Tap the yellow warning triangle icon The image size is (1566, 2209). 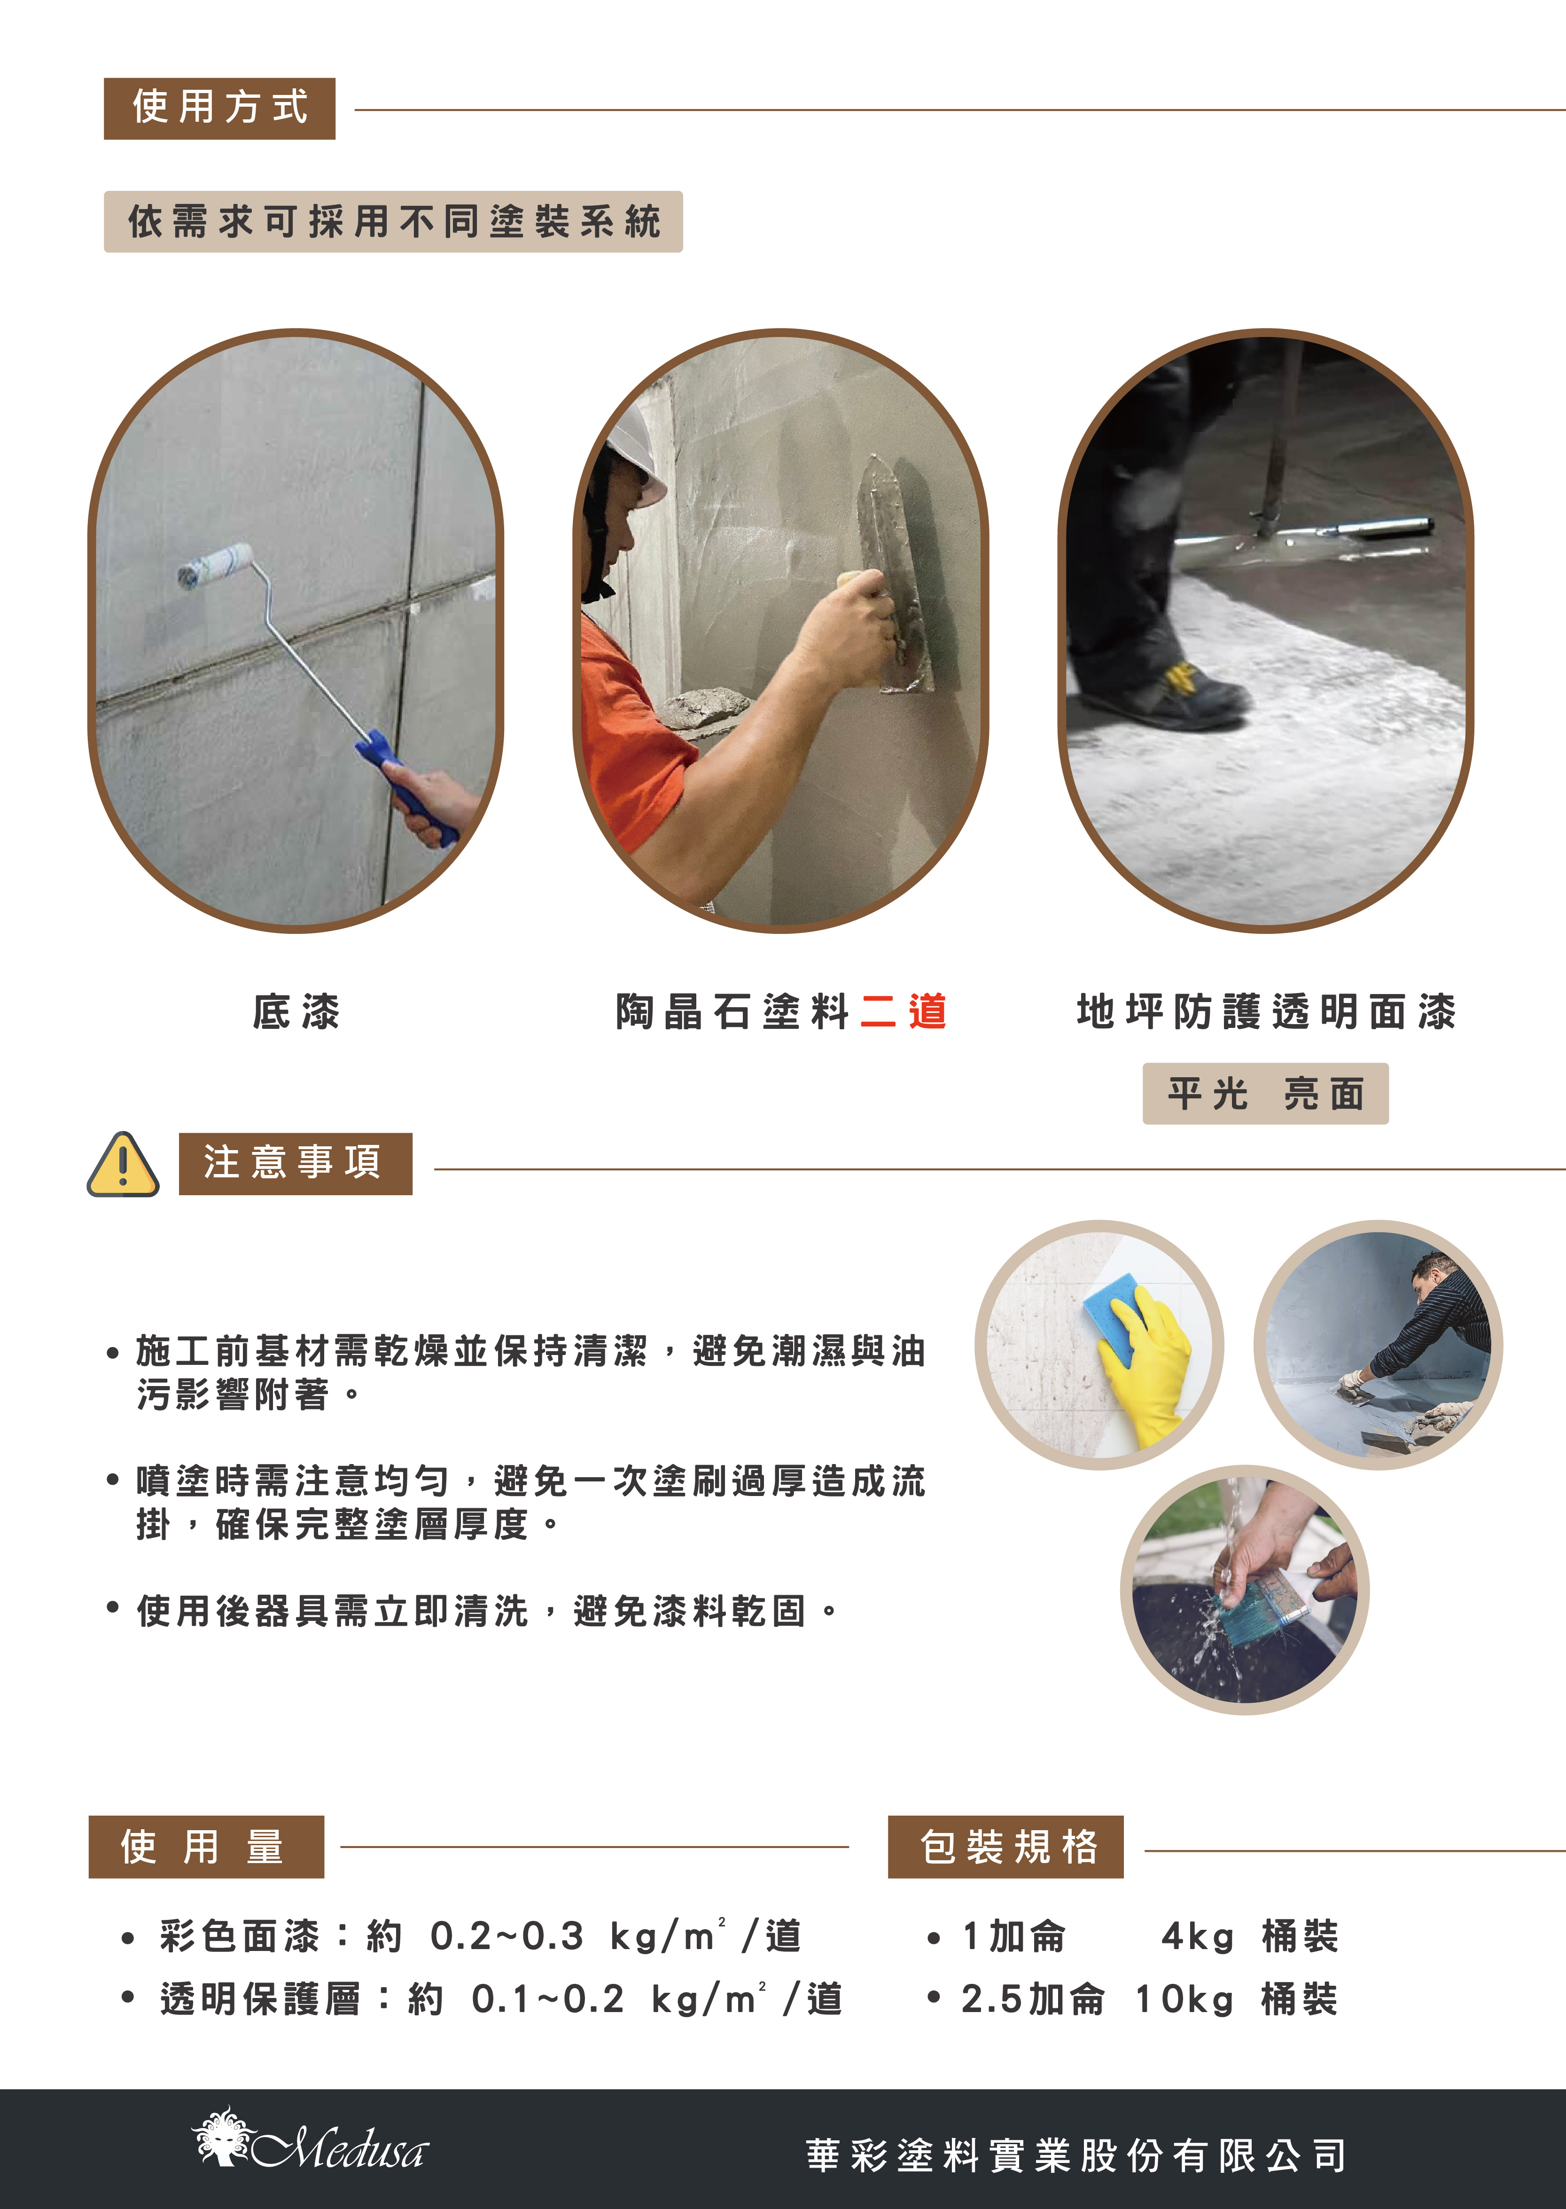(123, 1164)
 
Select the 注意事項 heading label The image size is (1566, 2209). (295, 1163)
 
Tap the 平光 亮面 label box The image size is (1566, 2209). (1265, 1094)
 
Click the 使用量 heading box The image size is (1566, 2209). (206, 1846)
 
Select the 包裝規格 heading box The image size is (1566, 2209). (1006, 1846)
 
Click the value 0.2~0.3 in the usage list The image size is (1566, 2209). (507, 1936)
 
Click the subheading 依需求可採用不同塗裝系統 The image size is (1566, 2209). (393, 222)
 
